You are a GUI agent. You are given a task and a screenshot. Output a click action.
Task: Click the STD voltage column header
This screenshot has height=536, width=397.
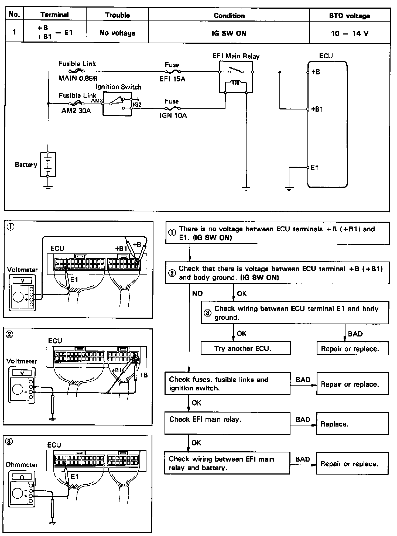coord(349,16)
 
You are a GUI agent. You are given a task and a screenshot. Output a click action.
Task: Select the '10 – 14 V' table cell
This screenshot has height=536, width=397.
coord(349,33)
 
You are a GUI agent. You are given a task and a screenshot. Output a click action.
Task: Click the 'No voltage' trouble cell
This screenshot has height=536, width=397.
coord(117,33)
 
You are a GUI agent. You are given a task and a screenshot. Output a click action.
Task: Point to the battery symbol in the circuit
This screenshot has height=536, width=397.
coord(48,164)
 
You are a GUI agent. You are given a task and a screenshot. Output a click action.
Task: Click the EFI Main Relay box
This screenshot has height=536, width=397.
coord(236,77)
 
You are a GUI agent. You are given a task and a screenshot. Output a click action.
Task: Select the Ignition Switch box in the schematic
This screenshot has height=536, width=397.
coord(117,104)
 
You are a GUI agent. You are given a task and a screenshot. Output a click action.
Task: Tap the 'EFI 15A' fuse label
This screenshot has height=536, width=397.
coord(172,79)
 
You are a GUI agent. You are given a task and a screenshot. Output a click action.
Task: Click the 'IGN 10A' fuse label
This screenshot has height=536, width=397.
coord(173,116)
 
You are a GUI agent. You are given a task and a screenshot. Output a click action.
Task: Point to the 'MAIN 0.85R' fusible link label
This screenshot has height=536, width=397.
coord(78,79)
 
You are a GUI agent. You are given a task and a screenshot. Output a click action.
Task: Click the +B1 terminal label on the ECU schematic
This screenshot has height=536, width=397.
coord(317,109)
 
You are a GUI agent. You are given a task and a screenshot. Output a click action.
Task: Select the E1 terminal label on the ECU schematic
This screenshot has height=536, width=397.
coord(314,167)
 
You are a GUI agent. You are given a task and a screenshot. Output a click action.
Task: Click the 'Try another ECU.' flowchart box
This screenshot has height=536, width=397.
coord(245,349)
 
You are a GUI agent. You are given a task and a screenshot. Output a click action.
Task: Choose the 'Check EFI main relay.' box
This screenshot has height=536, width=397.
coord(227,423)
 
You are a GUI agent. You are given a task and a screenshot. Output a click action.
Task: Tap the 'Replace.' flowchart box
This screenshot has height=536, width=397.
coord(352,424)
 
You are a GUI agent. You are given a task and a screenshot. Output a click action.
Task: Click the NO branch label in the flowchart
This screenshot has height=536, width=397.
coord(197,293)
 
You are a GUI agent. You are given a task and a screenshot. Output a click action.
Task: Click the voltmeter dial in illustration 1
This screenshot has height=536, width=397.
coord(18,297)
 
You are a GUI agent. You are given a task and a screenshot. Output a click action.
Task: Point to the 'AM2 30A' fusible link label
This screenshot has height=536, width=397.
coord(76,111)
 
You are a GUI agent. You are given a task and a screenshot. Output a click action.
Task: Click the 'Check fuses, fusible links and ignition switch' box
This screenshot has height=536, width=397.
coord(227,384)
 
